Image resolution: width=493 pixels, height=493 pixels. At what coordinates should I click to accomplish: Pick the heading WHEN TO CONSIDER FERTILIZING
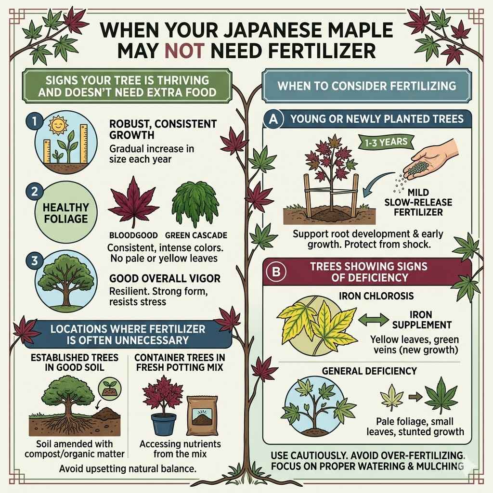(x=366, y=86)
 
